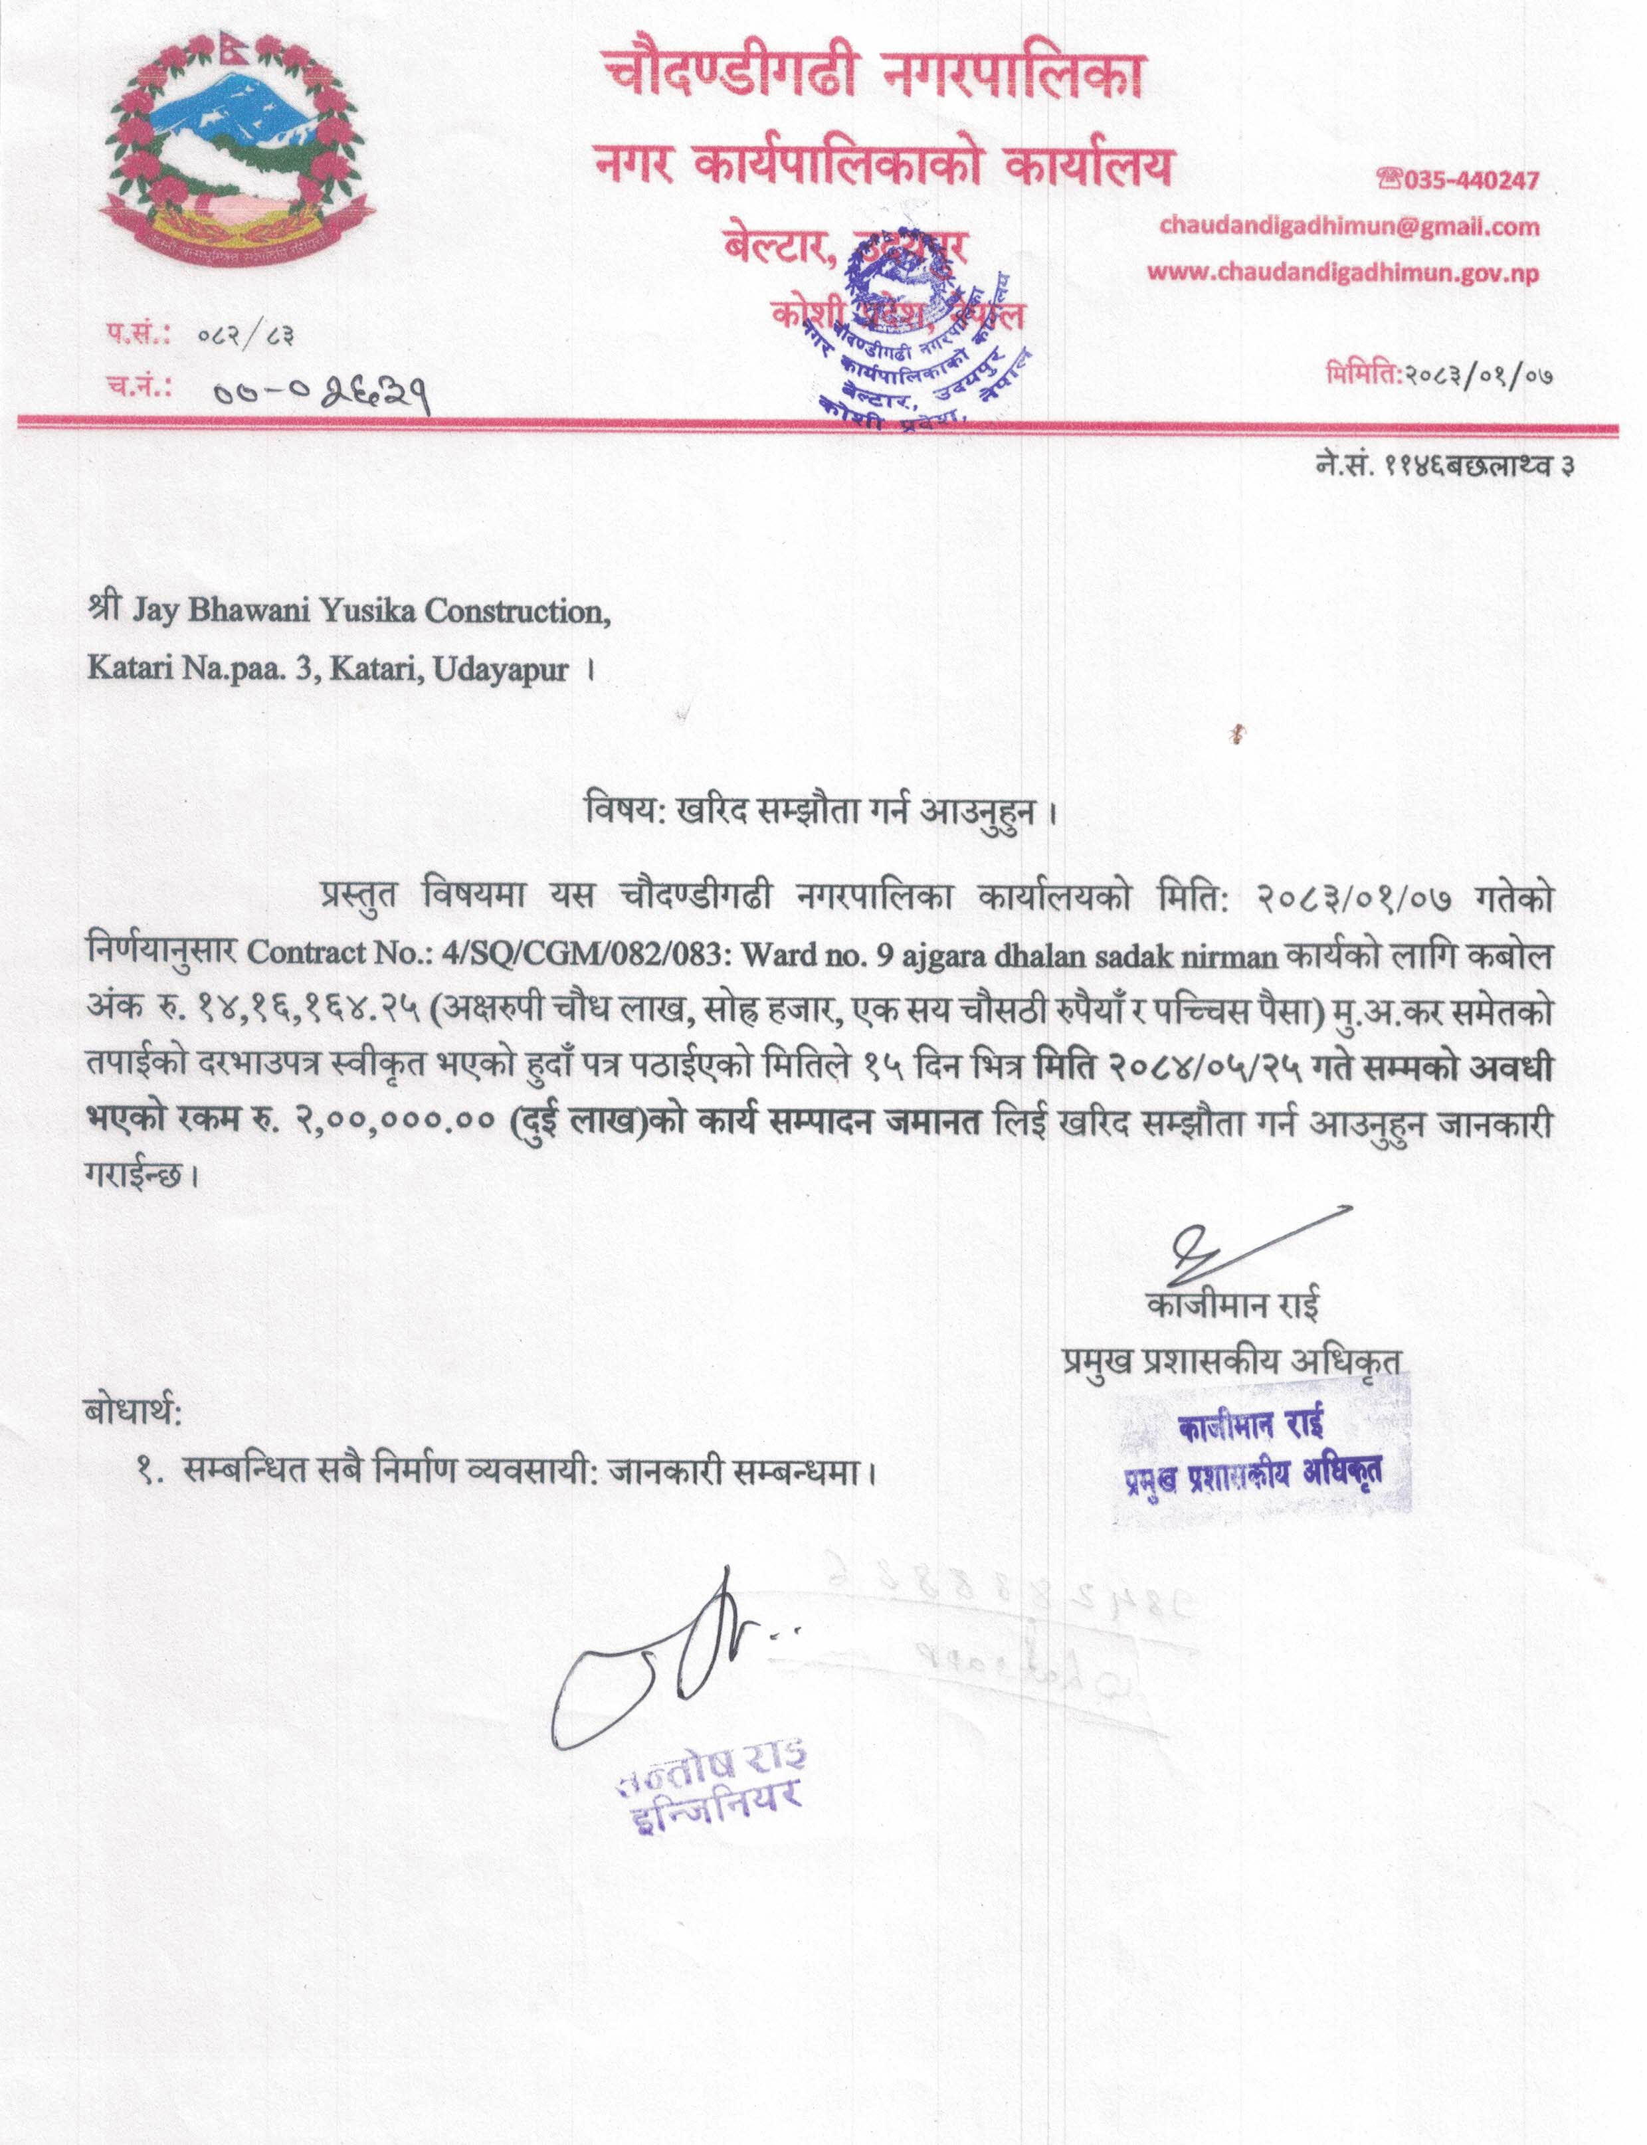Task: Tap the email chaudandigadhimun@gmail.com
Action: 1349,227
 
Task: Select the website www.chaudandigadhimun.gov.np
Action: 1343,272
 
